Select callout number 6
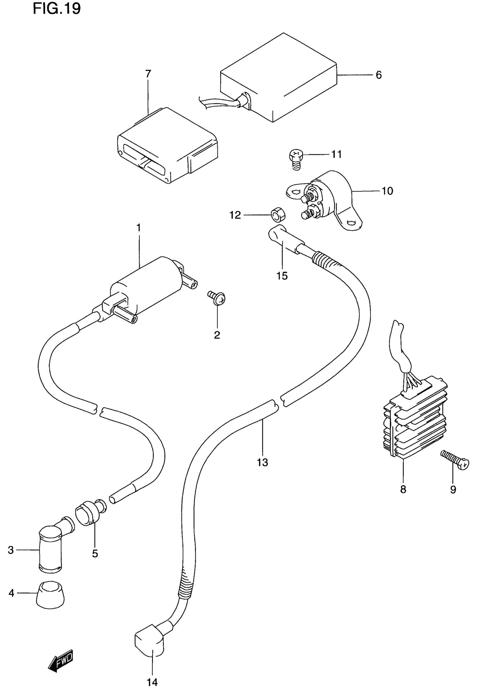(379, 75)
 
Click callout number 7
(148, 73)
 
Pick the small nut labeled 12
(278, 215)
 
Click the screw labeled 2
(217, 298)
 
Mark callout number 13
(262, 463)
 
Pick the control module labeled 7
(167, 146)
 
